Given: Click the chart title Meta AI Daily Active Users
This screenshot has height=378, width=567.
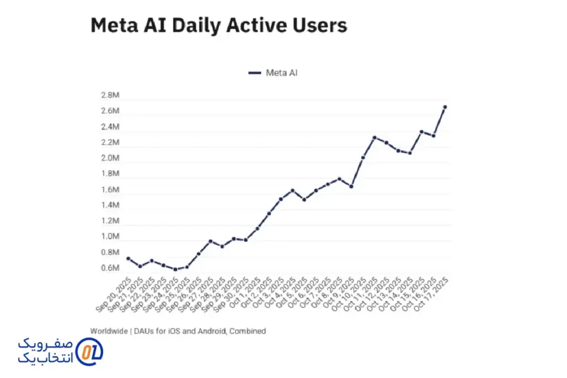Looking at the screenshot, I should click(219, 26).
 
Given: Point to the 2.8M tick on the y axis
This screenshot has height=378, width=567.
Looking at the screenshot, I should click(110, 95).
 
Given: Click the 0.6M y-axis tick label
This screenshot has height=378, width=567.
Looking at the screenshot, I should click(110, 268).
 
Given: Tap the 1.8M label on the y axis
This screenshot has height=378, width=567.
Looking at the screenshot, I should click(110, 174).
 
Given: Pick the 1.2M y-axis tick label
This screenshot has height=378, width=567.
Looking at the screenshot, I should click(110, 221).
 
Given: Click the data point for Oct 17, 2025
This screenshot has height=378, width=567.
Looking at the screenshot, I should click(445, 107).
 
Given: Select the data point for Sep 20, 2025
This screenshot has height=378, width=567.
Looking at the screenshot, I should click(128, 258).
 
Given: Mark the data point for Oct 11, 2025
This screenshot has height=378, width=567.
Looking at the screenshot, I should click(374, 137).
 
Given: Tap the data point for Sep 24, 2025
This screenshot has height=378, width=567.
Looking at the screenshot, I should click(175, 270).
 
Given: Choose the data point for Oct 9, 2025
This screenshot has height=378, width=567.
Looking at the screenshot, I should click(351, 187).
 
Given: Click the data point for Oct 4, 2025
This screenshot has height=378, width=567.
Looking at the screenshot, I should click(292, 190).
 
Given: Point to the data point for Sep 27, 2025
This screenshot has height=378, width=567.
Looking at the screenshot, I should click(210, 241).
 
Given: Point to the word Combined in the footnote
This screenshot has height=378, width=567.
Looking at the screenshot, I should click(249, 331).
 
